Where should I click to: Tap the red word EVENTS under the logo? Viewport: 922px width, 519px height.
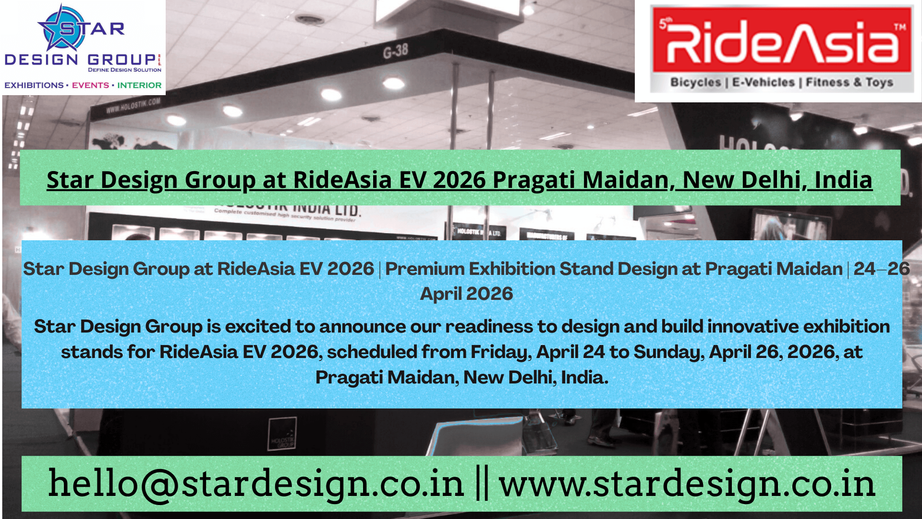click(x=90, y=86)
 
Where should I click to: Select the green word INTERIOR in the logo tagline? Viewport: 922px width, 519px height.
click(x=139, y=86)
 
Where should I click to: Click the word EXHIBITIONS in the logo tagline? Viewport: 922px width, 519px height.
click(x=34, y=86)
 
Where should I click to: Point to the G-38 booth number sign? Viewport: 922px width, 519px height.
click(x=395, y=50)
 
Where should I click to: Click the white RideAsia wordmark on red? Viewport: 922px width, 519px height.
click(x=782, y=42)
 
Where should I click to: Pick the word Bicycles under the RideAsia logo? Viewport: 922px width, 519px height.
click(x=695, y=83)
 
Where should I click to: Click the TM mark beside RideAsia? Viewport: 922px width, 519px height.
click(x=900, y=27)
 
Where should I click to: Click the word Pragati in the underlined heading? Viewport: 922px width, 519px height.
click(x=534, y=180)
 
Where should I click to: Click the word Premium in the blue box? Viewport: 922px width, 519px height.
click(x=422, y=269)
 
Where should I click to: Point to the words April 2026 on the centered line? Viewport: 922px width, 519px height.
click(x=466, y=294)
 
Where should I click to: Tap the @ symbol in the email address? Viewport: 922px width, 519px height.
click(x=159, y=484)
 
